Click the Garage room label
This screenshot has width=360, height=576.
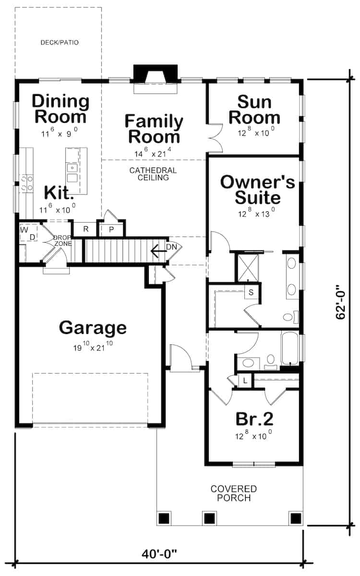[93, 328]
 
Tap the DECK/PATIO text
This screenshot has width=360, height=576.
[60, 43]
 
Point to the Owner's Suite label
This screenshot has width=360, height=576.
[257, 190]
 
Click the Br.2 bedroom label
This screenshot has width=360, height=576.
[254, 419]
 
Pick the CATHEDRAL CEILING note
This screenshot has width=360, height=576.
[153, 174]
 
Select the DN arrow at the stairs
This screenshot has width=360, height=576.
[161, 250]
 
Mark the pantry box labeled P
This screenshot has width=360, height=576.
[111, 229]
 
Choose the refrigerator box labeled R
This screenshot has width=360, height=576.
[86, 228]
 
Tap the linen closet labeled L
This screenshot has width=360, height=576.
[245, 381]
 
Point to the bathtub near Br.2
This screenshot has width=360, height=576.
[290, 349]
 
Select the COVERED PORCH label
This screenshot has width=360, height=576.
[234, 493]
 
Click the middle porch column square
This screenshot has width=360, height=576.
[208, 518]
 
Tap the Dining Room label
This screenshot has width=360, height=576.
[60, 108]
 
